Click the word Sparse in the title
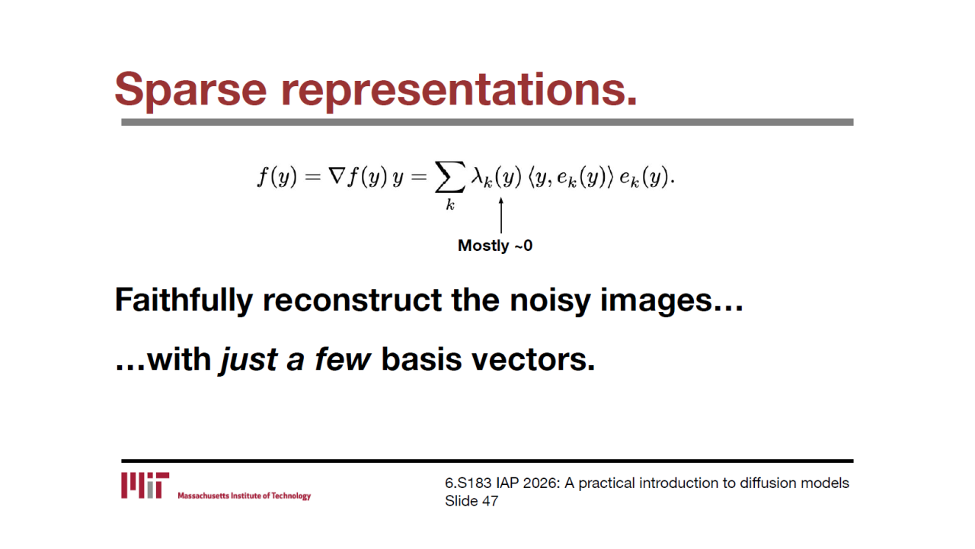190,89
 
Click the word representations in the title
459,89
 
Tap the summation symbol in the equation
449,177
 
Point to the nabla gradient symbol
337,176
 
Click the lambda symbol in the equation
477,176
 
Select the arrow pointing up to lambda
501,215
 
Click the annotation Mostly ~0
495,246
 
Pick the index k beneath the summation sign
450,204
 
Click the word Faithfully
184,300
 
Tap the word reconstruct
353,300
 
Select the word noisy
550,301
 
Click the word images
657,301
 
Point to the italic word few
343,359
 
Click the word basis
421,359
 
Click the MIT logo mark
145,485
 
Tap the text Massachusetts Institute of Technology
245,496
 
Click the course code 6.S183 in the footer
468,483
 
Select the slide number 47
490,501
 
